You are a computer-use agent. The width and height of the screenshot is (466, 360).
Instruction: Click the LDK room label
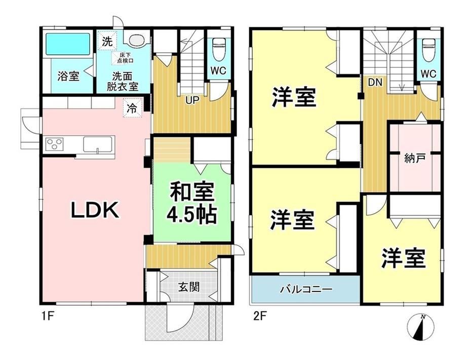pyautogui.click(x=95, y=210)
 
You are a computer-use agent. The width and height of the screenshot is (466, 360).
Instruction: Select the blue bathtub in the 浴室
pyautogui.click(x=68, y=44)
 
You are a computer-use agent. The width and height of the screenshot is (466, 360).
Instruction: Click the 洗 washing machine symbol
pyautogui.click(x=107, y=42)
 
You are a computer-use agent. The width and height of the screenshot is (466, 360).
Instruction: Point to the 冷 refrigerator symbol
pyautogui.click(x=133, y=108)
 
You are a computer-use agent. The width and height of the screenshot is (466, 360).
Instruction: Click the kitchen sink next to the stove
pyautogui.click(x=98, y=145)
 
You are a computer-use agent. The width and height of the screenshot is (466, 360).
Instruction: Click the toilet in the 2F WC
pyautogui.click(x=428, y=50)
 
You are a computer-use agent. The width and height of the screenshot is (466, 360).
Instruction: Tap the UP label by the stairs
pyautogui.click(x=192, y=100)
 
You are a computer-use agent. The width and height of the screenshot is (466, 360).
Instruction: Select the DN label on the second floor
pyautogui.click(x=375, y=83)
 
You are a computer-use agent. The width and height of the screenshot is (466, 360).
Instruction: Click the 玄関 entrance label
pyautogui.click(x=189, y=287)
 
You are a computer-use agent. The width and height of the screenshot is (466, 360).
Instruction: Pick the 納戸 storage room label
pyautogui.click(x=414, y=158)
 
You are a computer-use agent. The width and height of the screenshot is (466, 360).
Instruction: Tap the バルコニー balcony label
pyautogui.click(x=306, y=289)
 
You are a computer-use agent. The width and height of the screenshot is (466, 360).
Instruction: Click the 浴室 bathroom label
pyautogui.click(x=68, y=76)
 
